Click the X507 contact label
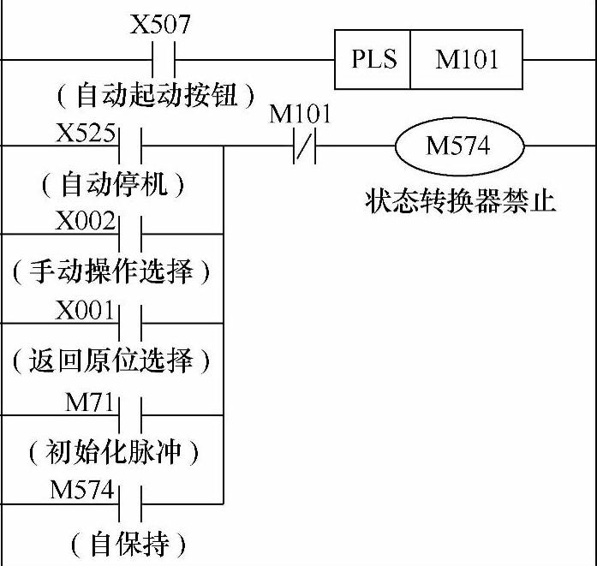tap(160, 23)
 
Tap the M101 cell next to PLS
tap(465, 60)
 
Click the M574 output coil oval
tap(458, 146)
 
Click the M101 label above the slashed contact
tap(300, 114)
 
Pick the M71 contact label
tap(90, 401)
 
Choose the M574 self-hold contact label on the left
tap(81, 490)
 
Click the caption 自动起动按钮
tap(154, 95)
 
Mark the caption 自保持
tap(128, 542)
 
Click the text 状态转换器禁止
tap(460, 201)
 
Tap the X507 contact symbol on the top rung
tap(163, 60)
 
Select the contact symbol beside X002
tap(128, 233)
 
